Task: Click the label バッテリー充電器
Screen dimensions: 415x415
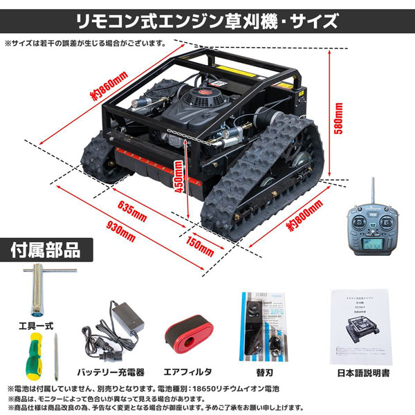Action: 111,370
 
